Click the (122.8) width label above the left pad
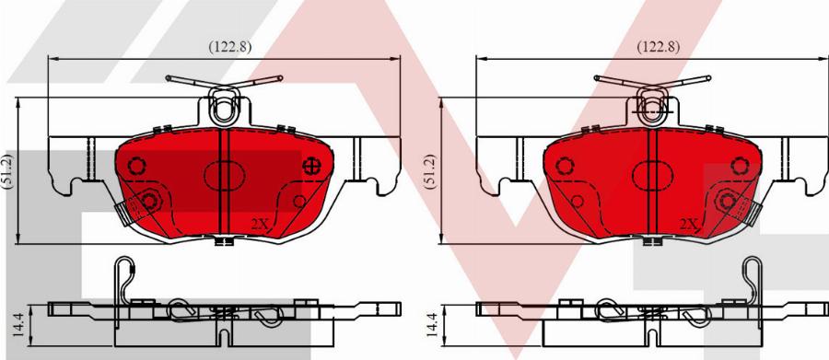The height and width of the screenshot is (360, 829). (x=229, y=47)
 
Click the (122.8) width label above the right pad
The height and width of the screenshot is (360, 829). (x=658, y=47)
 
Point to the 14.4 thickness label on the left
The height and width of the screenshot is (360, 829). (x=18, y=324)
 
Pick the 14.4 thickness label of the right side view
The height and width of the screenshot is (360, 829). (x=432, y=324)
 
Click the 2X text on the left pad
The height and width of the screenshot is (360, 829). (x=260, y=225)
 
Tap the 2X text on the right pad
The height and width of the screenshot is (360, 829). (x=688, y=225)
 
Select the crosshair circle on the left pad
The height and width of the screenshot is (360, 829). (x=312, y=166)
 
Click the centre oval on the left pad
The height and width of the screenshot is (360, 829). (x=224, y=175)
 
